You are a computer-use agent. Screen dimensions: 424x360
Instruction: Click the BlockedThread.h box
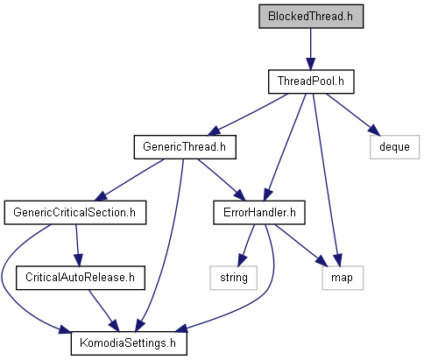(x=311, y=17)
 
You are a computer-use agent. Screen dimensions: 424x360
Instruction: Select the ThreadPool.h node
(x=311, y=81)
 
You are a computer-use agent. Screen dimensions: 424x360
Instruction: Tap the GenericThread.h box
(x=185, y=147)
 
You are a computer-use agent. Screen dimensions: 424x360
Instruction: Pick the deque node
(x=394, y=147)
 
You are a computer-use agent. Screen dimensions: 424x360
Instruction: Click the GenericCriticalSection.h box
(x=75, y=213)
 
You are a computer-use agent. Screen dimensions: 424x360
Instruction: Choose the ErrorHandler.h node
(x=259, y=213)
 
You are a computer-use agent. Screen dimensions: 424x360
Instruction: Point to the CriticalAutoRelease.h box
(x=81, y=278)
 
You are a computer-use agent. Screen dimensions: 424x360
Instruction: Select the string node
(x=234, y=278)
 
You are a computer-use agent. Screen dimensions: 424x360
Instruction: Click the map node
(x=343, y=278)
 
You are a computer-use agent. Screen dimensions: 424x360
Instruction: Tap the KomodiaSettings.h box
(x=129, y=343)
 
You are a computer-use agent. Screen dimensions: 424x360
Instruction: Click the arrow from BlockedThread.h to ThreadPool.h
(x=311, y=49)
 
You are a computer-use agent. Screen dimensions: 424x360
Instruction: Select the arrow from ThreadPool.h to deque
(x=353, y=115)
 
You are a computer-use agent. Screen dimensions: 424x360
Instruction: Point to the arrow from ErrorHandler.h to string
(x=246, y=245)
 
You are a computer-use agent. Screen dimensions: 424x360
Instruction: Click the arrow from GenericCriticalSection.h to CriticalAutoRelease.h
(x=77, y=245)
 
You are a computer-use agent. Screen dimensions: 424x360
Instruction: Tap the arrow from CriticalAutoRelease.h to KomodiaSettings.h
(x=104, y=311)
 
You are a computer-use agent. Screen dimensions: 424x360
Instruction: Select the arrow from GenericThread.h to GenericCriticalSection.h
(x=129, y=180)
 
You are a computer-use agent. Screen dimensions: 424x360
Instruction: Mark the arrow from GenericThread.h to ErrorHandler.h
(x=222, y=180)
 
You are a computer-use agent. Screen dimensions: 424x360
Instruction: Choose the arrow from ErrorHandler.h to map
(x=301, y=245)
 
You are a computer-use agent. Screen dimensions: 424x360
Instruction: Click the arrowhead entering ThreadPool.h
(x=311, y=64)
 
